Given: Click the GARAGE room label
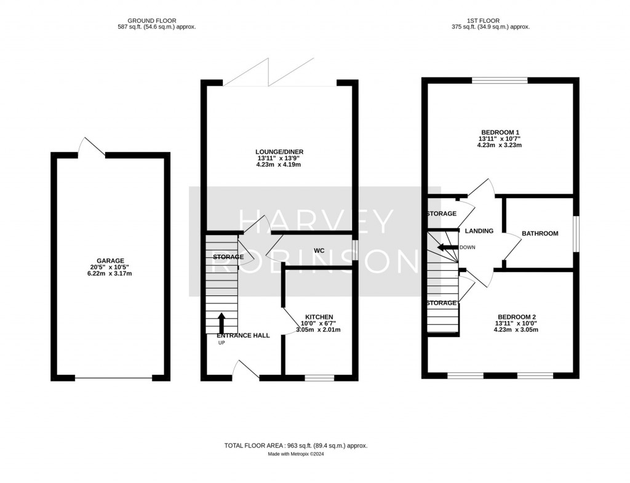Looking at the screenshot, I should tap(110, 260).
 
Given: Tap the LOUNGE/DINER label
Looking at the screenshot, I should tap(280, 151).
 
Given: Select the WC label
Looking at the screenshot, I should tap(319, 250).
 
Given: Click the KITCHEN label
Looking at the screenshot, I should tap(318, 316).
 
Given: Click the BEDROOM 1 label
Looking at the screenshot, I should tap(500, 132).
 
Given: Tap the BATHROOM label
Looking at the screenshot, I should tap(540, 233).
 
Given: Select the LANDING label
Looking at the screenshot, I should tap(479, 231).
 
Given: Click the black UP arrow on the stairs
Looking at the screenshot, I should tap(221, 323).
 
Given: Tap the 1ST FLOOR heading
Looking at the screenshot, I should tap(490, 20).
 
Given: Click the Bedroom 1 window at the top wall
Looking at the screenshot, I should tap(500, 80).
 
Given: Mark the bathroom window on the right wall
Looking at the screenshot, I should tap(576, 233).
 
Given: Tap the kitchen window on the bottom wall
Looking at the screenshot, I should tap(319, 377).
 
